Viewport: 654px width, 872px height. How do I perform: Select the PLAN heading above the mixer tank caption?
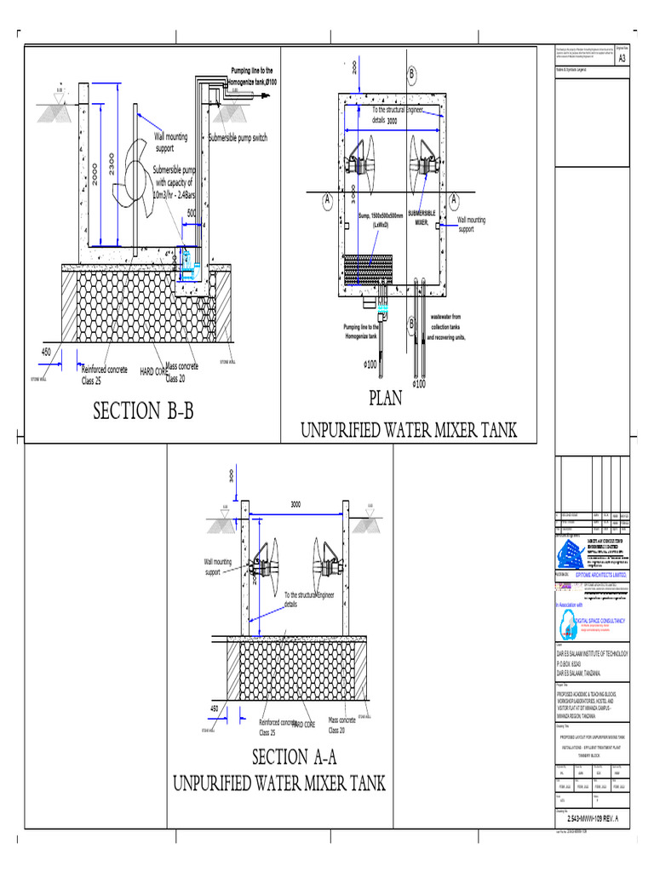(384, 398)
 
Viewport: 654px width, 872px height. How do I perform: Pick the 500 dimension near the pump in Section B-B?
(192, 213)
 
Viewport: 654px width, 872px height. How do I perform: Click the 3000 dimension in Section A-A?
(296, 505)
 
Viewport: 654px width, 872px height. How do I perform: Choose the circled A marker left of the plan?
(326, 200)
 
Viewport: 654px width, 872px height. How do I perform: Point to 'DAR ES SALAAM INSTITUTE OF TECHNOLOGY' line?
(591, 653)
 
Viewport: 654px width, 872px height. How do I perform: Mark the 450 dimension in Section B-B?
(47, 351)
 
